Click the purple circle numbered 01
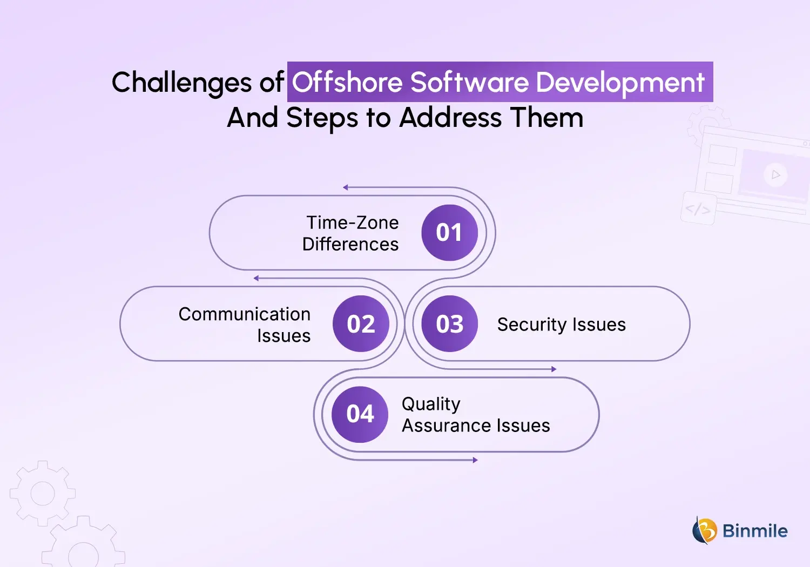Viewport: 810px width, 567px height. click(x=449, y=233)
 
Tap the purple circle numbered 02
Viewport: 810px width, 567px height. click(x=361, y=323)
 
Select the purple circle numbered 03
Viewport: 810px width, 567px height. click(x=449, y=323)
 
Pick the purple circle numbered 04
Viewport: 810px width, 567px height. click(x=360, y=414)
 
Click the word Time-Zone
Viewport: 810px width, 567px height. click(x=353, y=222)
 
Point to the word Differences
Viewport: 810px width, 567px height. click(x=350, y=244)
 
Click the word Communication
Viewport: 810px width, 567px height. click(x=245, y=314)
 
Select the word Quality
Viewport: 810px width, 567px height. click(x=431, y=404)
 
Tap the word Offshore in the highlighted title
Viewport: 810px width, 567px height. click(x=347, y=82)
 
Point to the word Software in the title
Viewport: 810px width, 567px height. click(x=470, y=82)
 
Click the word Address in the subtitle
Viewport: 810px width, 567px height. click(x=450, y=118)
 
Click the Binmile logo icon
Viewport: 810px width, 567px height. click(x=704, y=530)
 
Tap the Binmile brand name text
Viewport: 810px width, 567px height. click(x=755, y=531)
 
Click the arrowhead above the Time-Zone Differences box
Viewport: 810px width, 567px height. click(x=346, y=187)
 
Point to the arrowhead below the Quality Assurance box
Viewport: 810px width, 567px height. click(x=475, y=460)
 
